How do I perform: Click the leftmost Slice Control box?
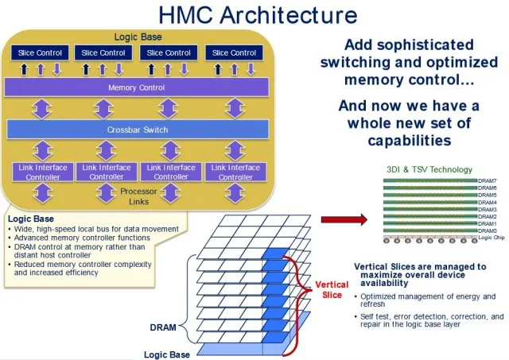pyautogui.click(x=39, y=52)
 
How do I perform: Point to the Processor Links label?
pyautogui.click(x=139, y=196)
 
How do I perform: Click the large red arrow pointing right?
pyautogui.click(x=341, y=219)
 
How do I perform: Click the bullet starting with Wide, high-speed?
pyautogui.click(x=95, y=229)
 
